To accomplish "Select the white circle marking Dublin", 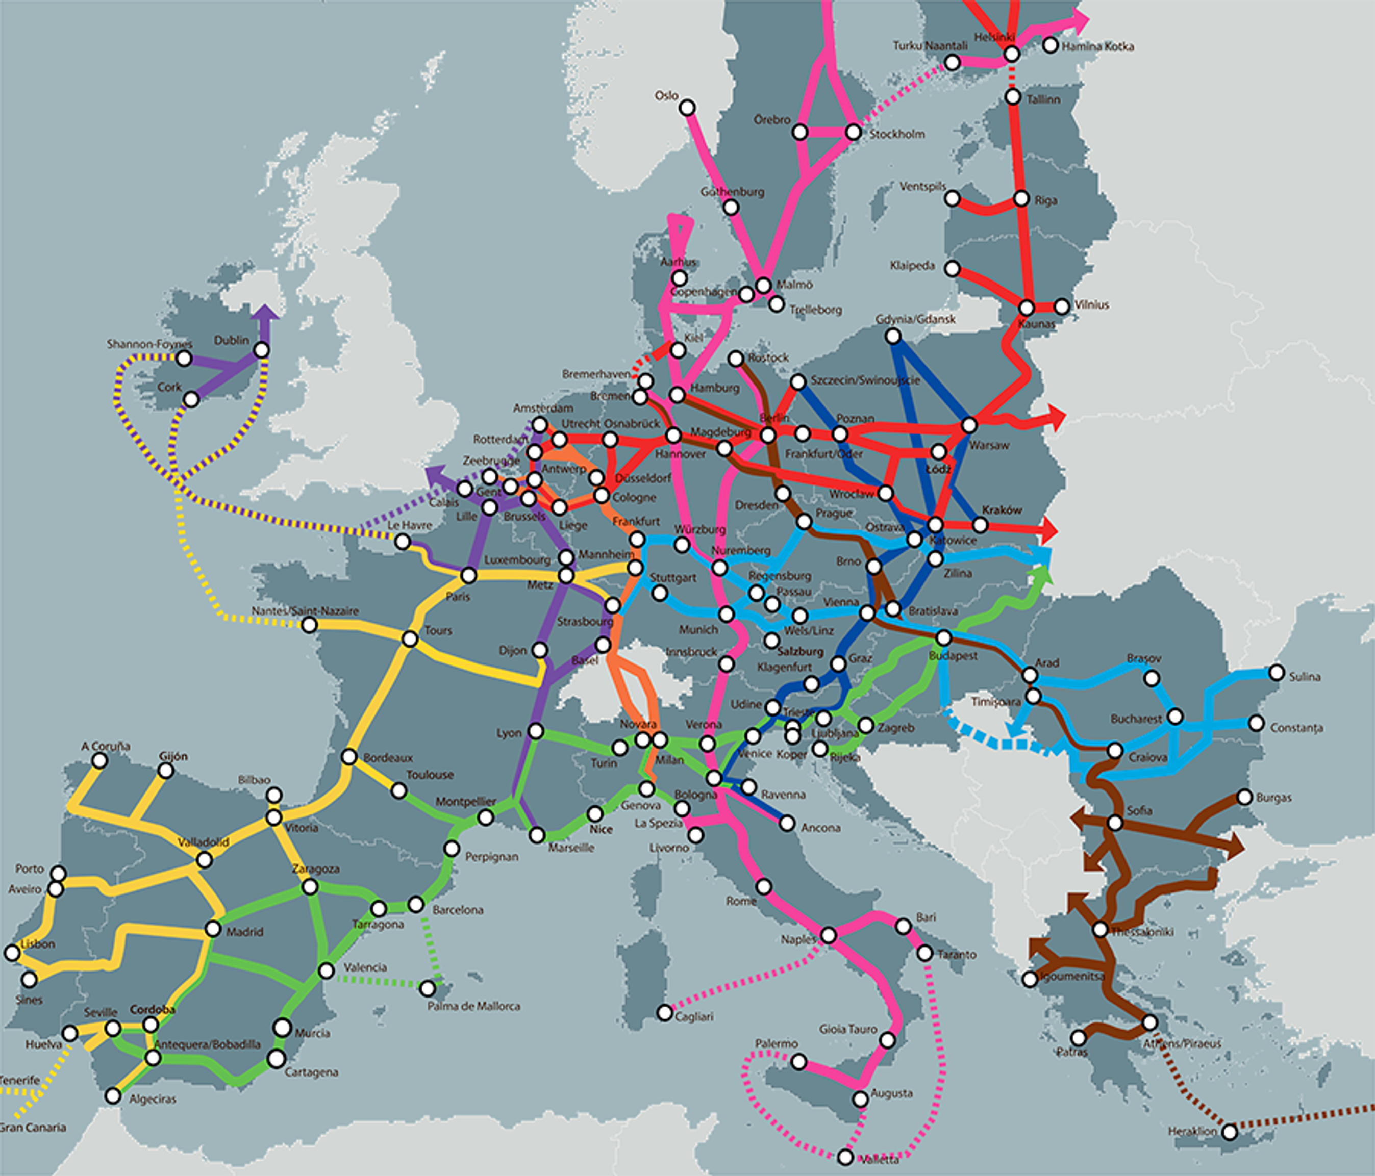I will [x=262, y=349].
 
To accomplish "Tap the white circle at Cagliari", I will [x=665, y=1013].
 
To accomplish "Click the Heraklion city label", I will [x=1192, y=1131].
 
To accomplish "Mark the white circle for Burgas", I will [x=1245, y=797].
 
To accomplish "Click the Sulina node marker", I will [x=1277, y=673].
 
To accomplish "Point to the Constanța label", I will [x=1296, y=728].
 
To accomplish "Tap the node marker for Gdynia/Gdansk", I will [x=893, y=336].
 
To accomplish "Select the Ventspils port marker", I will [x=952, y=198].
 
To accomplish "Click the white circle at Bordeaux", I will [x=349, y=757].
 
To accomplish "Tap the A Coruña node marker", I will [x=99, y=761].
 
